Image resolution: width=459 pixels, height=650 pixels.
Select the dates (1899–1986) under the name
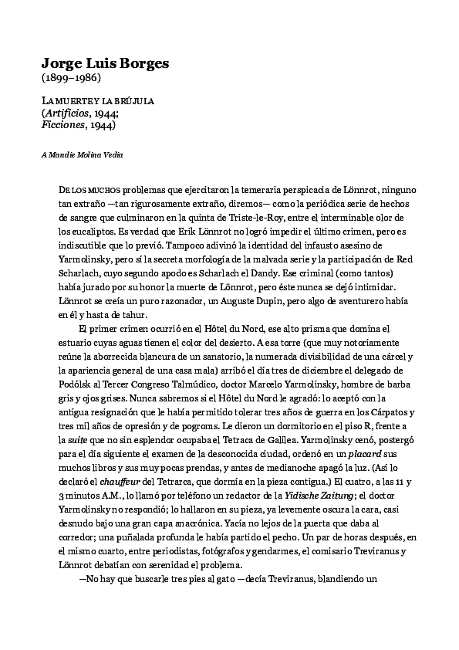point(71,78)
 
